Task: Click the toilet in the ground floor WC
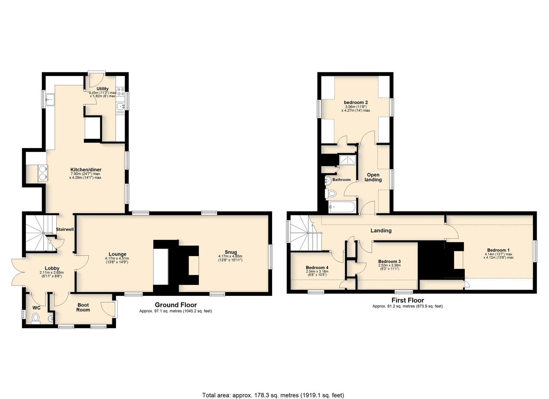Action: [36, 318]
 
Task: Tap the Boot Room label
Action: [83, 307]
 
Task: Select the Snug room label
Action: [231, 252]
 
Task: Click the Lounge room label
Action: [118, 254]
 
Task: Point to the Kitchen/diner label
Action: [86, 170]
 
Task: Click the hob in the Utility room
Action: [121, 91]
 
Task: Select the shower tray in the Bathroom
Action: [348, 160]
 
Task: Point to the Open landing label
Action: [373, 177]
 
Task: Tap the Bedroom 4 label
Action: [317, 268]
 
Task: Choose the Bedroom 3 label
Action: [389, 261]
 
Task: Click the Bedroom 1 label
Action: [498, 250]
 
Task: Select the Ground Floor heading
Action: [176, 305]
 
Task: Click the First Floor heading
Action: [407, 300]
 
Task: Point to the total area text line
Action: [273, 388]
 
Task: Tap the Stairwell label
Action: [65, 229]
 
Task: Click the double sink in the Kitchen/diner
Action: [43, 173]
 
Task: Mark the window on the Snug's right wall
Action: [270, 257]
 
